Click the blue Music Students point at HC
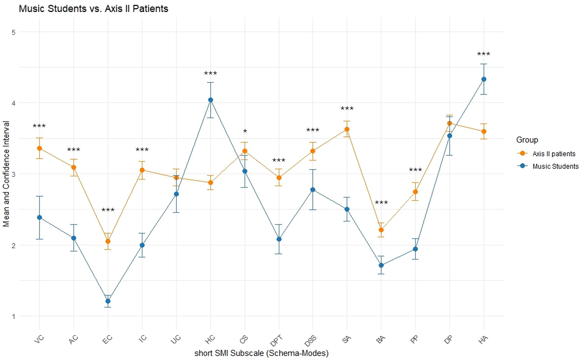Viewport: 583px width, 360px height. click(211, 100)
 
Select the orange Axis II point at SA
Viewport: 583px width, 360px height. click(347, 129)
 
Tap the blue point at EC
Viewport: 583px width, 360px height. click(108, 301)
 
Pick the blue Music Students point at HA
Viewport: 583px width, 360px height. click(484, 79)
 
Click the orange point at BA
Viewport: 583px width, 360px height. click(381, 230)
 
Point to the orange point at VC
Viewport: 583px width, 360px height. click(39, 148)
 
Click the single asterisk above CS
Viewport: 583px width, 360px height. click(245, 132)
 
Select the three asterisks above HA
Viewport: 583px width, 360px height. click(484, 54)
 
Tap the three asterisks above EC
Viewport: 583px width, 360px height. click(108, 210)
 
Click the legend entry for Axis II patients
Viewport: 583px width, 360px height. click(554, 154)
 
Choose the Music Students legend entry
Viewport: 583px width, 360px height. click(555, 166)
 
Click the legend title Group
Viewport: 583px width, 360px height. click(527, 140)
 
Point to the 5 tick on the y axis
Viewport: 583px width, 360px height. click(13, 32)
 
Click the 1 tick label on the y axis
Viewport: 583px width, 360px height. click(13, 316)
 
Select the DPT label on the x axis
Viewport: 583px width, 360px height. click(276, 341)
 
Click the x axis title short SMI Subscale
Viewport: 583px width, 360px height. click(261, 353)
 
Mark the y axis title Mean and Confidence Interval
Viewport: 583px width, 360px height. click(6, 174)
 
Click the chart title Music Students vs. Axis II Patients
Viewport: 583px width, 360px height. click(93, 9)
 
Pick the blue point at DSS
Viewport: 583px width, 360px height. click(313, 190)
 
